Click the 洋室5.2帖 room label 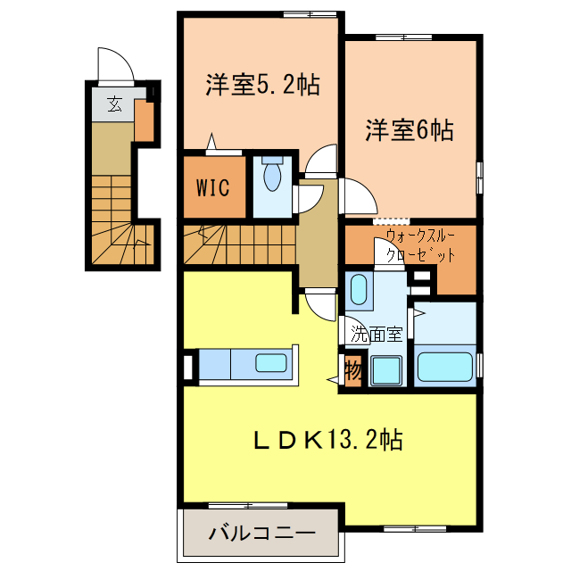[x=263, y=85]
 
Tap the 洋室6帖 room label [x=410, y=130]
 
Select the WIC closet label [x=213, y=187]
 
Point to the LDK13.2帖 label [x=327, y=440]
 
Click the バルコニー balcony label [x=261, y=534]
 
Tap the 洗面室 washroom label [x=377, y=334]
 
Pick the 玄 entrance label [x=114, y=103]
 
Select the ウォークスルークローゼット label [x=420, y=246]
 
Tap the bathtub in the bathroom [x=445, y=367]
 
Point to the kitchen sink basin [x=271, y=363]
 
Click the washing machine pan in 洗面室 [x=386, y=370]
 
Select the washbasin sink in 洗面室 [x=359, y=289]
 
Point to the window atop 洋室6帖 [x=403, y=37]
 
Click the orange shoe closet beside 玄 [x=145, y=121]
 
